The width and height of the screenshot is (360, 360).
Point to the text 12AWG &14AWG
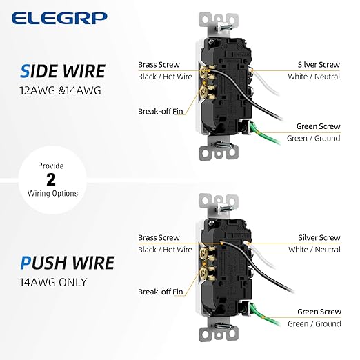[55, 90]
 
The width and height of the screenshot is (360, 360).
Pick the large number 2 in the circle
[50, 180]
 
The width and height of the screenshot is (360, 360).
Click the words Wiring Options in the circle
[50, 193]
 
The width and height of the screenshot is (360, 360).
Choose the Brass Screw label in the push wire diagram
[159, 238]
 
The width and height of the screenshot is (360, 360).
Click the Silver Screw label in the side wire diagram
[319, 63]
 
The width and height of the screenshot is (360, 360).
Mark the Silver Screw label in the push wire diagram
[319, 238]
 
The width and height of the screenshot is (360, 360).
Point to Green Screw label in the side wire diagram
[318, 126]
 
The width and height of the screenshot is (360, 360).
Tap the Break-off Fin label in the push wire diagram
[160, 292]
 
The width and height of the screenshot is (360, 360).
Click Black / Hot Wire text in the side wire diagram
[165, 76]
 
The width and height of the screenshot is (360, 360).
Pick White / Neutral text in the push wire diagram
[314, 250]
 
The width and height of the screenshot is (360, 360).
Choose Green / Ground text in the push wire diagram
[314, 324]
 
